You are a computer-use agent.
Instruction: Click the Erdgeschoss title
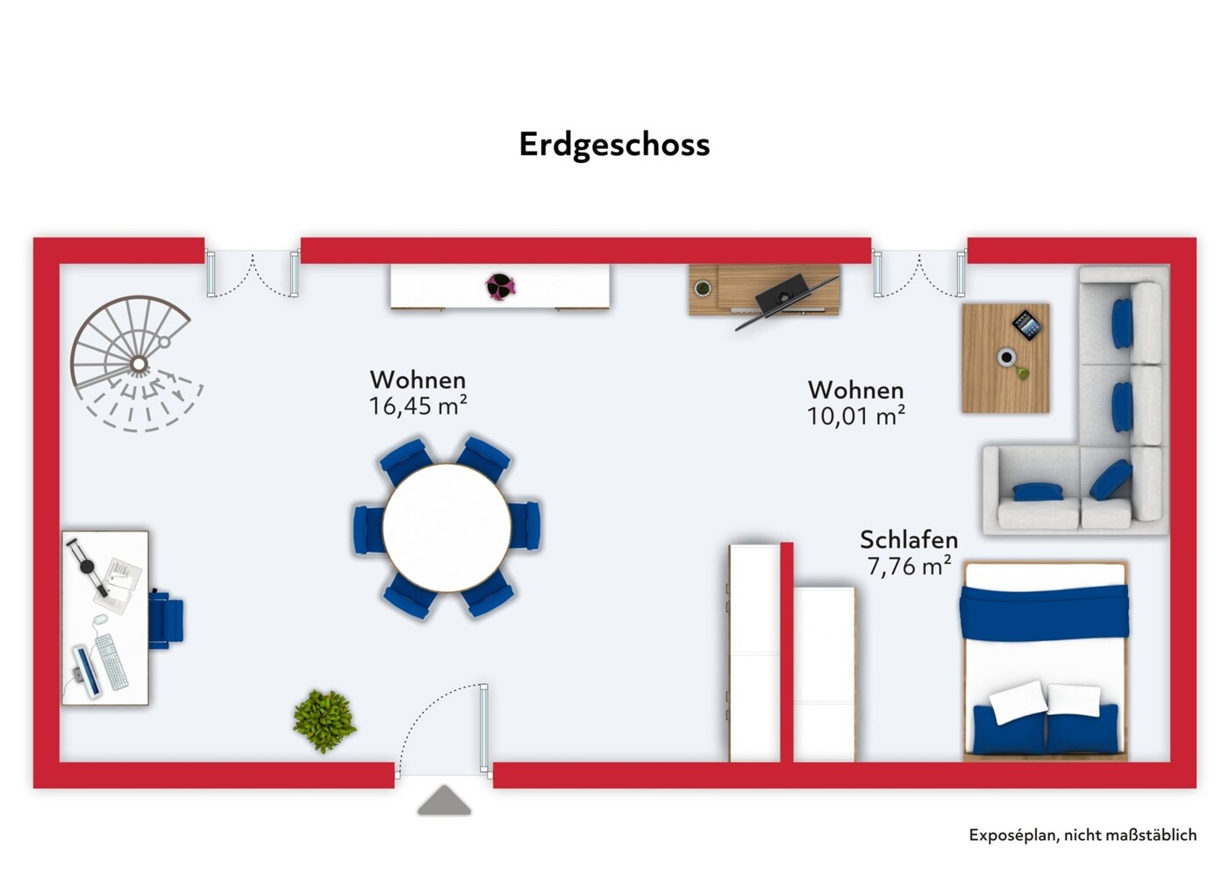[614, 145]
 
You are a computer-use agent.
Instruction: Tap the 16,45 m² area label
[418, 406]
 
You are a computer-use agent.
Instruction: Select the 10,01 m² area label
[855, 416]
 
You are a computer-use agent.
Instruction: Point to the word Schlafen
[908, 539]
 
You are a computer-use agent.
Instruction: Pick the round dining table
[447, 528]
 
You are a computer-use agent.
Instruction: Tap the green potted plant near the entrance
[324, 721]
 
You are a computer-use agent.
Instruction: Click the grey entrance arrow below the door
[444, 802]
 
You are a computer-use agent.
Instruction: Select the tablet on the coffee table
[1026, 325]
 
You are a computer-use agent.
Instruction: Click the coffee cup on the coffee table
[1006, 357]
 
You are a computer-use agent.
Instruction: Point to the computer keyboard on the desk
[111, 661]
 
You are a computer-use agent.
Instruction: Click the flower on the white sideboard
[500, 285]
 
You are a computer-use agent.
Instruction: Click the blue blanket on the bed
[1043, 611]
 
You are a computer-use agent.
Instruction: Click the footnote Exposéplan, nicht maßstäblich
[1082, 835]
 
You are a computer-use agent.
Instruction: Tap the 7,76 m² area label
[908, 567]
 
